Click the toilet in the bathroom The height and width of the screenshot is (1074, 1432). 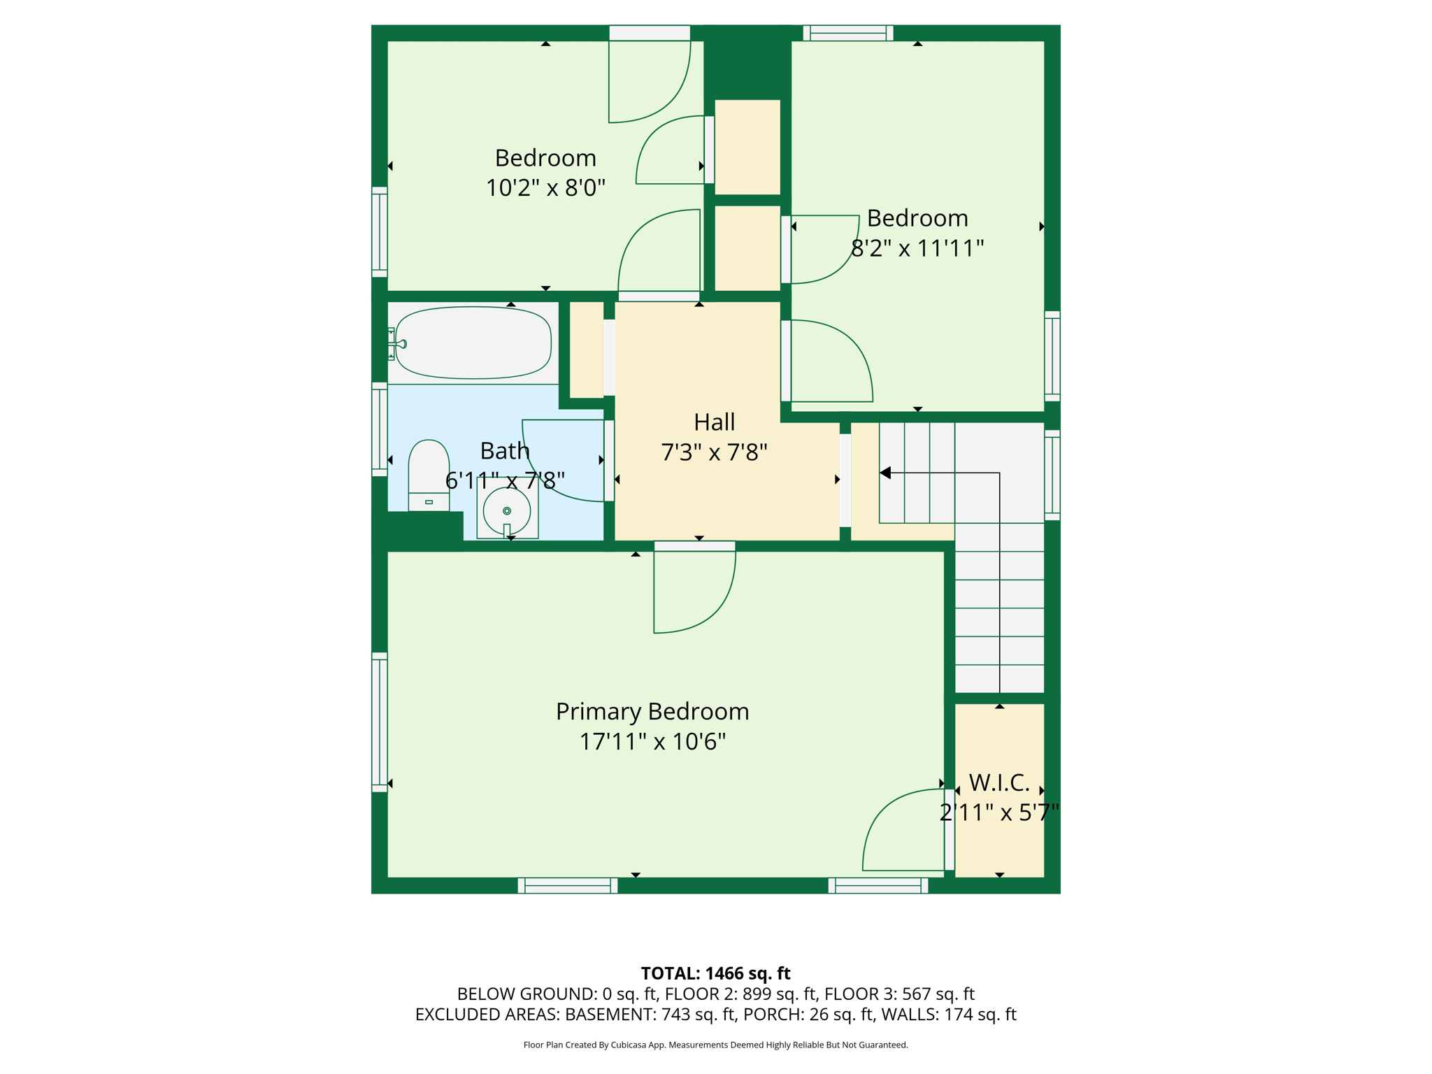(429, 475)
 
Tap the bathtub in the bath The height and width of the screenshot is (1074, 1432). (473, 343)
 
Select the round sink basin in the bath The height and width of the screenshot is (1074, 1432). (507, 511)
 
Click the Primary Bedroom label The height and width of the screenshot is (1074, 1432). (652, 711)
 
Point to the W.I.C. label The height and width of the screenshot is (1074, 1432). (999, 782)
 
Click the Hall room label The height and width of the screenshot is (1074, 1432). (714, 422)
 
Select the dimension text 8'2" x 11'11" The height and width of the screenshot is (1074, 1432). (917, 248)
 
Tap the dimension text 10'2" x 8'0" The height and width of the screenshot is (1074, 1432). (545, 188)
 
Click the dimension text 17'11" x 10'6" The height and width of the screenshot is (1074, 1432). (652, 742)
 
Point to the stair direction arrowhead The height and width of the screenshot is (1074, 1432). (885, 473)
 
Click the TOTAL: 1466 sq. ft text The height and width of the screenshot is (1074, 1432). (715, 973)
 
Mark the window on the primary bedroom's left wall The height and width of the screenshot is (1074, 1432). (380, 722)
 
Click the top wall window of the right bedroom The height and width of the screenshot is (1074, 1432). (848, 33)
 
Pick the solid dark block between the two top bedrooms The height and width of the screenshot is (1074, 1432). (747, 62)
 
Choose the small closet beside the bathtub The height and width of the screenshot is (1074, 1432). (587, 350)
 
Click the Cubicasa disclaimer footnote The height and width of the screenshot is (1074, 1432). (715, 1045)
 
